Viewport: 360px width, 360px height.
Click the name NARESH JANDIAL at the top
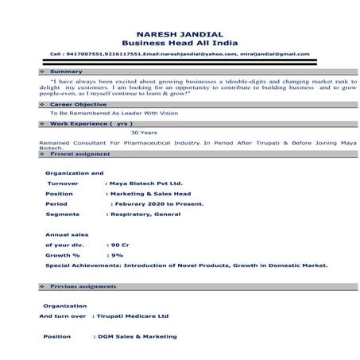point(180,34)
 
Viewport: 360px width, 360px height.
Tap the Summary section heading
point(66,72)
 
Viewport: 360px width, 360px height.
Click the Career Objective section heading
point(77,104)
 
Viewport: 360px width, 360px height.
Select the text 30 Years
point(144,133)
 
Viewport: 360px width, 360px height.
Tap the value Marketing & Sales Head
point(147,192)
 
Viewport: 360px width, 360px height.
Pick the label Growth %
point(63,255)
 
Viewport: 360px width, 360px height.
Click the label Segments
point(63,214)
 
